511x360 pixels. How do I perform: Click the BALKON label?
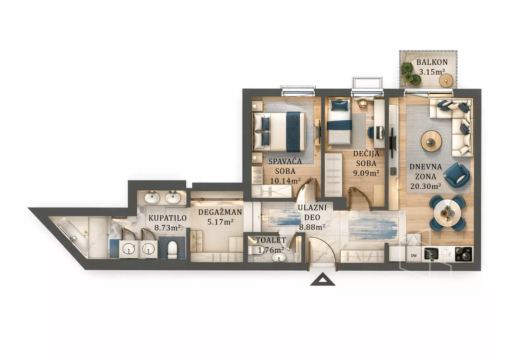(x=432, y=62)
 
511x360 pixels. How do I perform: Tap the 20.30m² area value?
(x=425, y=186)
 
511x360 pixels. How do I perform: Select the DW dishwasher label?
(x=414, y=256)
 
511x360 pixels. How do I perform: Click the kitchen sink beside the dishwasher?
(x=431, y=254)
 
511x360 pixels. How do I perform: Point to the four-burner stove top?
(x=464, y=254)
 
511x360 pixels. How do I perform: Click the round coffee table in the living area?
(x=431, y=141)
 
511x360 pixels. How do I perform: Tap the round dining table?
(x=447, y=213)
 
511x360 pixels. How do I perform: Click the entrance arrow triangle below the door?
(x=322, y=280)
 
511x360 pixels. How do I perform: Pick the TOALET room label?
(x=271, y=240)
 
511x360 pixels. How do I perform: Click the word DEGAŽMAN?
(x=220, y=212)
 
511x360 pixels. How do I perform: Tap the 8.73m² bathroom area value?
(x=168, y=227)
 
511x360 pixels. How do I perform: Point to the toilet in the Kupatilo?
(x=173, y=250)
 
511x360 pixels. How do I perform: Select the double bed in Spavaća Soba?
(x=279, y=132)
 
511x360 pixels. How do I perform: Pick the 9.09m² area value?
(x=366, y=173)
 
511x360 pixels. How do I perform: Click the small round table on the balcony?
(x=446, y=80)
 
